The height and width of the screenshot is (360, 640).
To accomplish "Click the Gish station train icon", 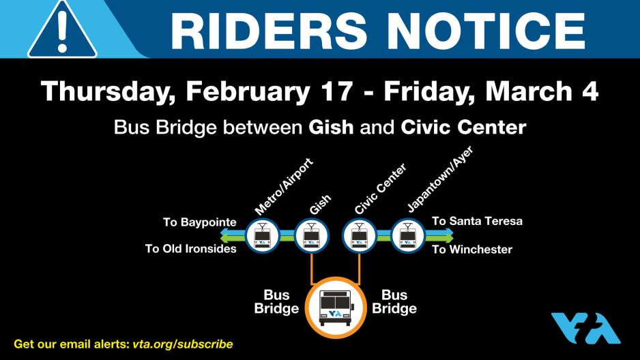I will pyautogui.click(x=311, y=236).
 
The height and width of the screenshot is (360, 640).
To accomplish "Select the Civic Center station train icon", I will pyautogui.click(x=359, y=236).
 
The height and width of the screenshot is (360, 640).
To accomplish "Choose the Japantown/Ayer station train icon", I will pyautogui.click(x=408, y=236).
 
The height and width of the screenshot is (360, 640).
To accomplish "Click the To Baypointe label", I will pyautogui.click(x=199, y=222).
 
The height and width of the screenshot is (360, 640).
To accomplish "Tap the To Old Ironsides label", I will pyautogui.click(x=190, y=249).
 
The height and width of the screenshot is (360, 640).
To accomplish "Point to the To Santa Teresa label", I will pyautogui.click(x=477, y=222).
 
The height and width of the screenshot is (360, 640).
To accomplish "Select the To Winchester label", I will pyautogui.click(x=472, y=250).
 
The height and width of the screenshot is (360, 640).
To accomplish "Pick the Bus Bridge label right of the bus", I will pyautogui.click(x=394, y=302).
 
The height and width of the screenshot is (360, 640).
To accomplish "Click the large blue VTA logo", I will pyautogui.click(x=585, y=328).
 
